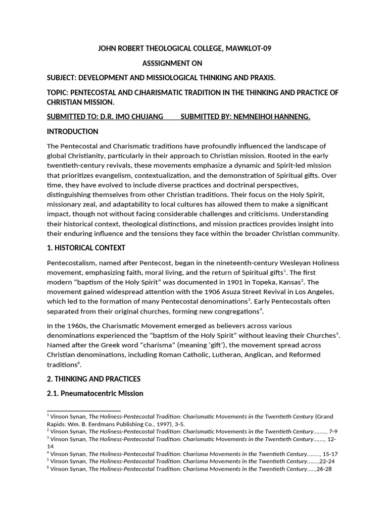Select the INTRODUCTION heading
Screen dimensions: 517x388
click(x=72, y=131)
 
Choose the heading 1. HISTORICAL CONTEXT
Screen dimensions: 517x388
click(x=86, y=248)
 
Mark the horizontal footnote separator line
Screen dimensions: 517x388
click(x=84, y=411)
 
